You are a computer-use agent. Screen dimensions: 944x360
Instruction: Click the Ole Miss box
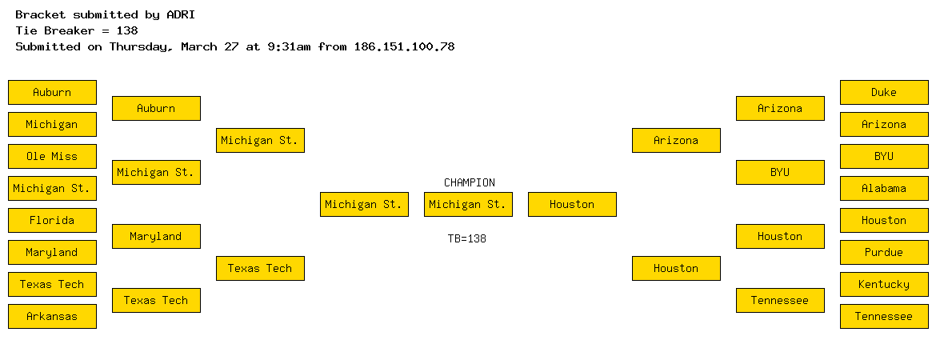[x=52, y=157]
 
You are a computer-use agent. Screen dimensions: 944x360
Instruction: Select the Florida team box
[x=52, y=220]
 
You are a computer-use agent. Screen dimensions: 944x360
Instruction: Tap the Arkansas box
[x=52, y=316]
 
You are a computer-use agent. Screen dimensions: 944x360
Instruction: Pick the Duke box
[x=884, y=92]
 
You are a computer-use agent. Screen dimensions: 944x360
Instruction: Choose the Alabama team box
[x=884, y=189]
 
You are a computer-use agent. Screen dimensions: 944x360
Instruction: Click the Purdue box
[x=884, y=252]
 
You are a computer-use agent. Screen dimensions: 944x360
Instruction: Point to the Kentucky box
[x=884, y=284]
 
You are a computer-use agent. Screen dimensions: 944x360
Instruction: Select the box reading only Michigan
[x=52, y=125]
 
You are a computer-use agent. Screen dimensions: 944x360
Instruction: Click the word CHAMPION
[x=470, y=182]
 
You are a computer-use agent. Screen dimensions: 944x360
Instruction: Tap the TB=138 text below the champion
[x=467, y=238]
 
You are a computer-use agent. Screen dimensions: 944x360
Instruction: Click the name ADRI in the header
[x=181, y=14]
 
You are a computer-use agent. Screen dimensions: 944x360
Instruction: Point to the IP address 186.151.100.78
[x=404, y=46]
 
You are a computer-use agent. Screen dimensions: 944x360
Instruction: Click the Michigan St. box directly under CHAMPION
[x=468, y=204]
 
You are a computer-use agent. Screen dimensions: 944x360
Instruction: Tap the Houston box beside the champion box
[x=573, y=204]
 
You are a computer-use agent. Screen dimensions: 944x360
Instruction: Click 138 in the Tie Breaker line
[x=128, y=30]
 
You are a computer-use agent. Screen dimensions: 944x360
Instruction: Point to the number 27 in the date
[x=232, y=46]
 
